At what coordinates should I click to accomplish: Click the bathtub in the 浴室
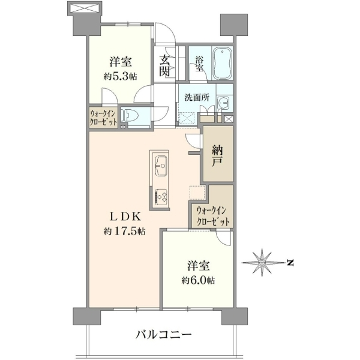(x=222, y=64)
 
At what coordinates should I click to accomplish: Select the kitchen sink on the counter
(x=161, y=166)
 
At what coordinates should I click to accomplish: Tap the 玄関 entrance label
(x=164, y=67)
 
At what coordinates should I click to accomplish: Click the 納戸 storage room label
(x=217, y=156)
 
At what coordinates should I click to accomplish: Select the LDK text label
(x=125, y=217)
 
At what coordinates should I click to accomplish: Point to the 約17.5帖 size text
(x=124, y=232)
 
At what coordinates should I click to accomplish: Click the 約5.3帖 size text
(x=121, y=76)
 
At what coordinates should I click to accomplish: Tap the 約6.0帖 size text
(x=199, y=280)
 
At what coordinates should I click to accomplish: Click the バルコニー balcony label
(x=163, y=335)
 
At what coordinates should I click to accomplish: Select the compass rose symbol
(x=262, y=262)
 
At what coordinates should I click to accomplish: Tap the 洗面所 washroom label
(x=197, y=98)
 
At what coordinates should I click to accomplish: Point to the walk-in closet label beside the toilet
(x=104, y=118)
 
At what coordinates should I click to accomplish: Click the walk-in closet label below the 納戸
(x=213, y=216)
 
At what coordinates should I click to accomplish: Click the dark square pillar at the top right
(x=234, y=25)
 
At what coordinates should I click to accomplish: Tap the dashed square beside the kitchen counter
(x=197, y=192)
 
